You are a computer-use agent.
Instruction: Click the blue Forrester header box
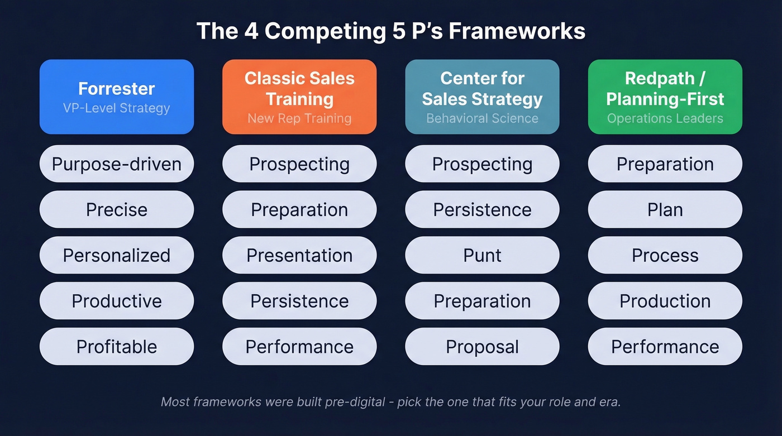point(116,97)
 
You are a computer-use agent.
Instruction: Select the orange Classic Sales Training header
point(299,97)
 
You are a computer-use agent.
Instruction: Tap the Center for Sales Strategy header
point(482,97)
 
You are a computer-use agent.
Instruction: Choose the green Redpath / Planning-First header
point(665,97)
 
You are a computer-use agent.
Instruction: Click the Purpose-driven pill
point(116,164)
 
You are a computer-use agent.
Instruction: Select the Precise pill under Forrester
point(116,210)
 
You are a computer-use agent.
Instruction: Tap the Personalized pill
point(116,256)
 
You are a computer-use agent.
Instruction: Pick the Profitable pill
point(116,347)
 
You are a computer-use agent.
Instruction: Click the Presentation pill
point(299,256)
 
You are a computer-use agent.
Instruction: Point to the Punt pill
point(482,256)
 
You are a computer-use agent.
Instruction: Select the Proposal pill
point(482,347)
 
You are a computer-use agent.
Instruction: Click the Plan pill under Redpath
point(665,210)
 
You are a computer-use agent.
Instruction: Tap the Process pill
point(665,256)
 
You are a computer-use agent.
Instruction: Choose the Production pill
point(665,301)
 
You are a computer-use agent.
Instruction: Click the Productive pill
point(116,301)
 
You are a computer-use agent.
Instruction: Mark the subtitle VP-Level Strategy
point(116,108)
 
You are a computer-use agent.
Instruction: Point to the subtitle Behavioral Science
point(482,118)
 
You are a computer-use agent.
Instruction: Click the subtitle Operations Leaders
point(665,118)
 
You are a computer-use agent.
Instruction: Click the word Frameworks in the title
point(517,31)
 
